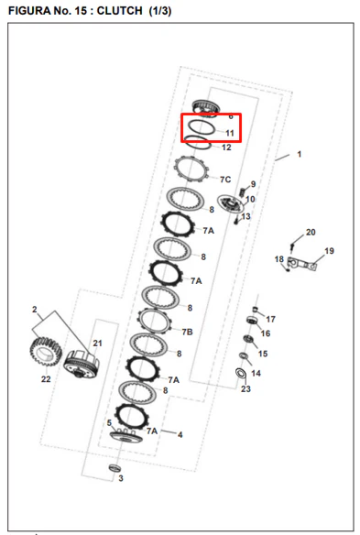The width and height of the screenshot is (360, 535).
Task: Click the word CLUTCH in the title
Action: (119, 11)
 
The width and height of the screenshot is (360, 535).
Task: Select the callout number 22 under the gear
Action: (46, 378)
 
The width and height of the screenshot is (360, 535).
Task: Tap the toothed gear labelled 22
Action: (46, 352)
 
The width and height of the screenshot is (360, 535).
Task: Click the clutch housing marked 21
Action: (82, 365)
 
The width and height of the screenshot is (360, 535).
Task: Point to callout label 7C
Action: (225, 180)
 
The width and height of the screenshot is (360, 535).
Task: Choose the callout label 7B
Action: (187, 332)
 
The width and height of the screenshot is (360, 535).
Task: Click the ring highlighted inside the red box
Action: (202, 128)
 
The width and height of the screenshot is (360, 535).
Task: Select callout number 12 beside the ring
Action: (226, 147)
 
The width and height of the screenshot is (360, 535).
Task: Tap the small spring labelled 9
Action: (243, 191)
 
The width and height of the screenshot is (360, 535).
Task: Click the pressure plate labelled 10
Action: (231, 204)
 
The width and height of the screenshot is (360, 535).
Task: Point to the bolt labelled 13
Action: (236, 221)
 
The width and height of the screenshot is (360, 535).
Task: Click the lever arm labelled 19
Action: (302, 263)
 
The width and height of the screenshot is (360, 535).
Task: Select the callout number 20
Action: (311, 232)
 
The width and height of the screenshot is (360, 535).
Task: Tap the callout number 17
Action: (270, 319)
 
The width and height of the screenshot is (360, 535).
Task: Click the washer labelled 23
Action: (241, 373)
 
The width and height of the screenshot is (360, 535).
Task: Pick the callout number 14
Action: (256, 373)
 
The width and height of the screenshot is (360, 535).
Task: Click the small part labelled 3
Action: (115, 468)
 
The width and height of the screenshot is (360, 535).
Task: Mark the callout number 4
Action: (180, 434)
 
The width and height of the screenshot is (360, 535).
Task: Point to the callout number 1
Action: (300, 154)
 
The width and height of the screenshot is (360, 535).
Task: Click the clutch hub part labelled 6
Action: (205, 109)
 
